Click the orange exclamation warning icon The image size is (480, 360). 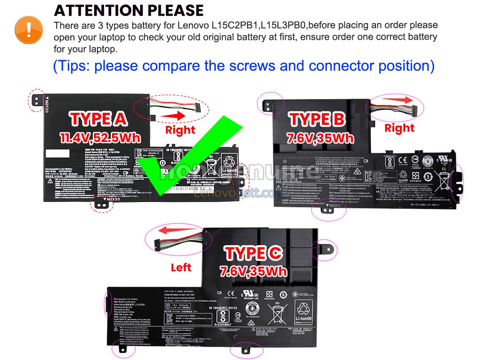28,29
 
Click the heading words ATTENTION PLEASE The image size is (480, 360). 128,10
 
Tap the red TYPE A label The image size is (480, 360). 99,119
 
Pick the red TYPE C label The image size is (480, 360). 254,253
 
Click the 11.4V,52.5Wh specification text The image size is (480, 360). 100,138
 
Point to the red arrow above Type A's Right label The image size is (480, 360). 175,116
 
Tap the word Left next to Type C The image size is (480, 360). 181,267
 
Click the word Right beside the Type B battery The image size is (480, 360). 399,128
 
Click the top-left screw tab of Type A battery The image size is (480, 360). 36,100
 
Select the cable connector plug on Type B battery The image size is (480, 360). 415,109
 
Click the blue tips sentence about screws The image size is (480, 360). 244,66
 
